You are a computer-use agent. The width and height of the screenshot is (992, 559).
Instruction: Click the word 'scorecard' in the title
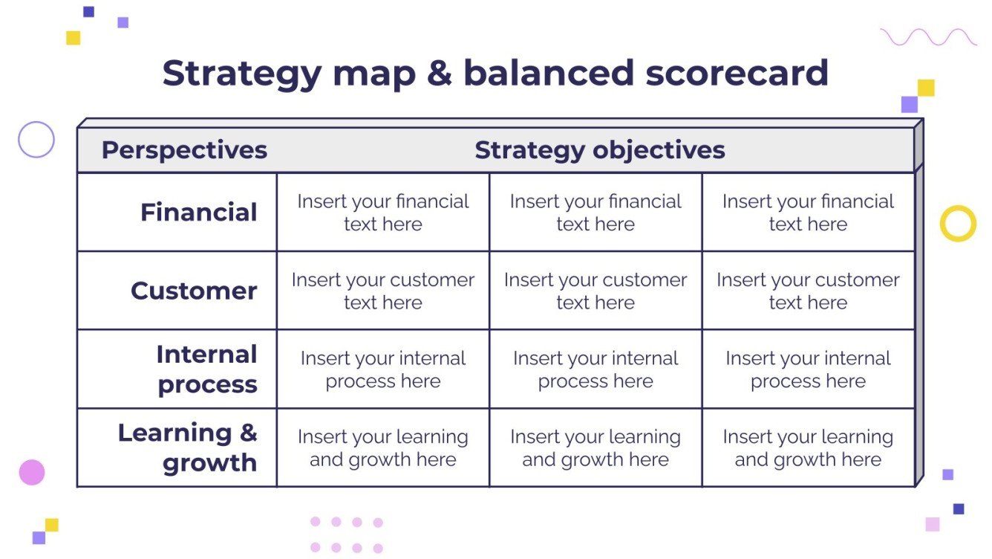pos(737,73)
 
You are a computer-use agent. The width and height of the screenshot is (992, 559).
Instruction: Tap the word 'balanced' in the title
pos(549,72)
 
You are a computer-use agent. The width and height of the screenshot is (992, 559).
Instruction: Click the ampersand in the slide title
pos(440,73)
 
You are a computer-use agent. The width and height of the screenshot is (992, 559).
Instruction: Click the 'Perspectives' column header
pos(184,150)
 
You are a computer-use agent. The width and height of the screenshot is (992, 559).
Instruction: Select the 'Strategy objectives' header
pos(600,150)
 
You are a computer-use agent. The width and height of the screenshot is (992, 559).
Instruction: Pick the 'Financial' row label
pos(199,212)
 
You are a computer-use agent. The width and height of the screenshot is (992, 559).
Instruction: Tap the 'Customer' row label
pos(194,291)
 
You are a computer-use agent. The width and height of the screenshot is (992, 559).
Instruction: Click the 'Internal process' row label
pos(207,369)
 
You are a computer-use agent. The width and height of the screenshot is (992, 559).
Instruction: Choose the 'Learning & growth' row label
pos(188,447)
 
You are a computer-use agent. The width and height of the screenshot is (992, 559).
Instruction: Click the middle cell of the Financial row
pos(595,213)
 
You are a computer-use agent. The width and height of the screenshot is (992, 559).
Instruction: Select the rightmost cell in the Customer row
pos(808,291)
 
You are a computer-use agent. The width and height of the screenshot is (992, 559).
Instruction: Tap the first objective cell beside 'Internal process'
pos(383,369)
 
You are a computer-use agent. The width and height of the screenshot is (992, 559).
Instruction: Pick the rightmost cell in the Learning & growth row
pos(808,447)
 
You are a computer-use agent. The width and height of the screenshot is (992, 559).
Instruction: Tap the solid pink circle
pos(32,473)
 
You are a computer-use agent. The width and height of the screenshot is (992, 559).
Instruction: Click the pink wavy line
pos(928,37)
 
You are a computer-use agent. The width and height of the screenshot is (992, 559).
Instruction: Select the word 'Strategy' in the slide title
pos(242,75)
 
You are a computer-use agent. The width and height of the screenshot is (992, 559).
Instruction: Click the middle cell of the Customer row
pos(595,291)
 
